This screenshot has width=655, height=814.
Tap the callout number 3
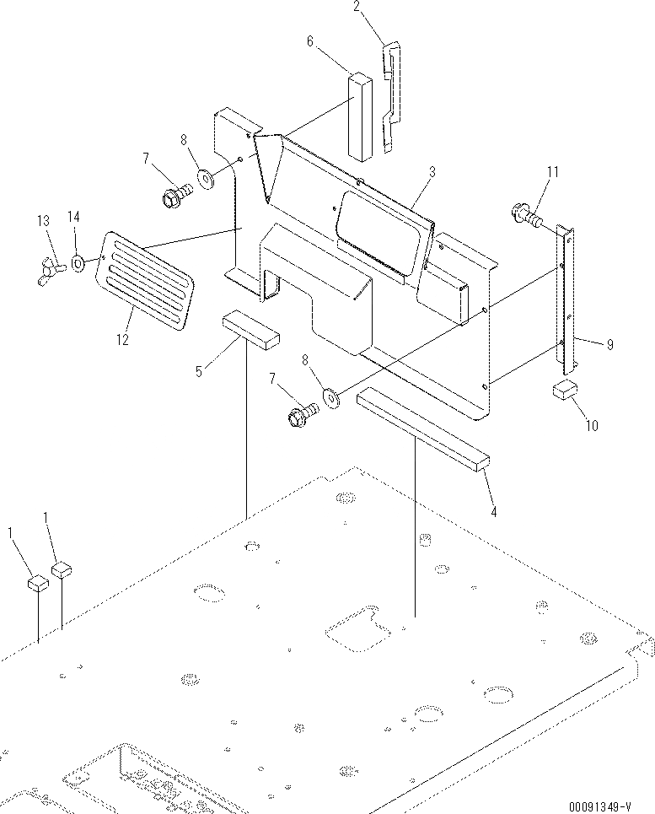431,172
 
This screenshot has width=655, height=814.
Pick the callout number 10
591,426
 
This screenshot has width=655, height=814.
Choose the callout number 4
493,510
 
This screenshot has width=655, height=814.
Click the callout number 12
123,340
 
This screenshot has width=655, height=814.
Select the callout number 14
73,218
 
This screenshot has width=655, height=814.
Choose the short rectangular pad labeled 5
250,329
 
